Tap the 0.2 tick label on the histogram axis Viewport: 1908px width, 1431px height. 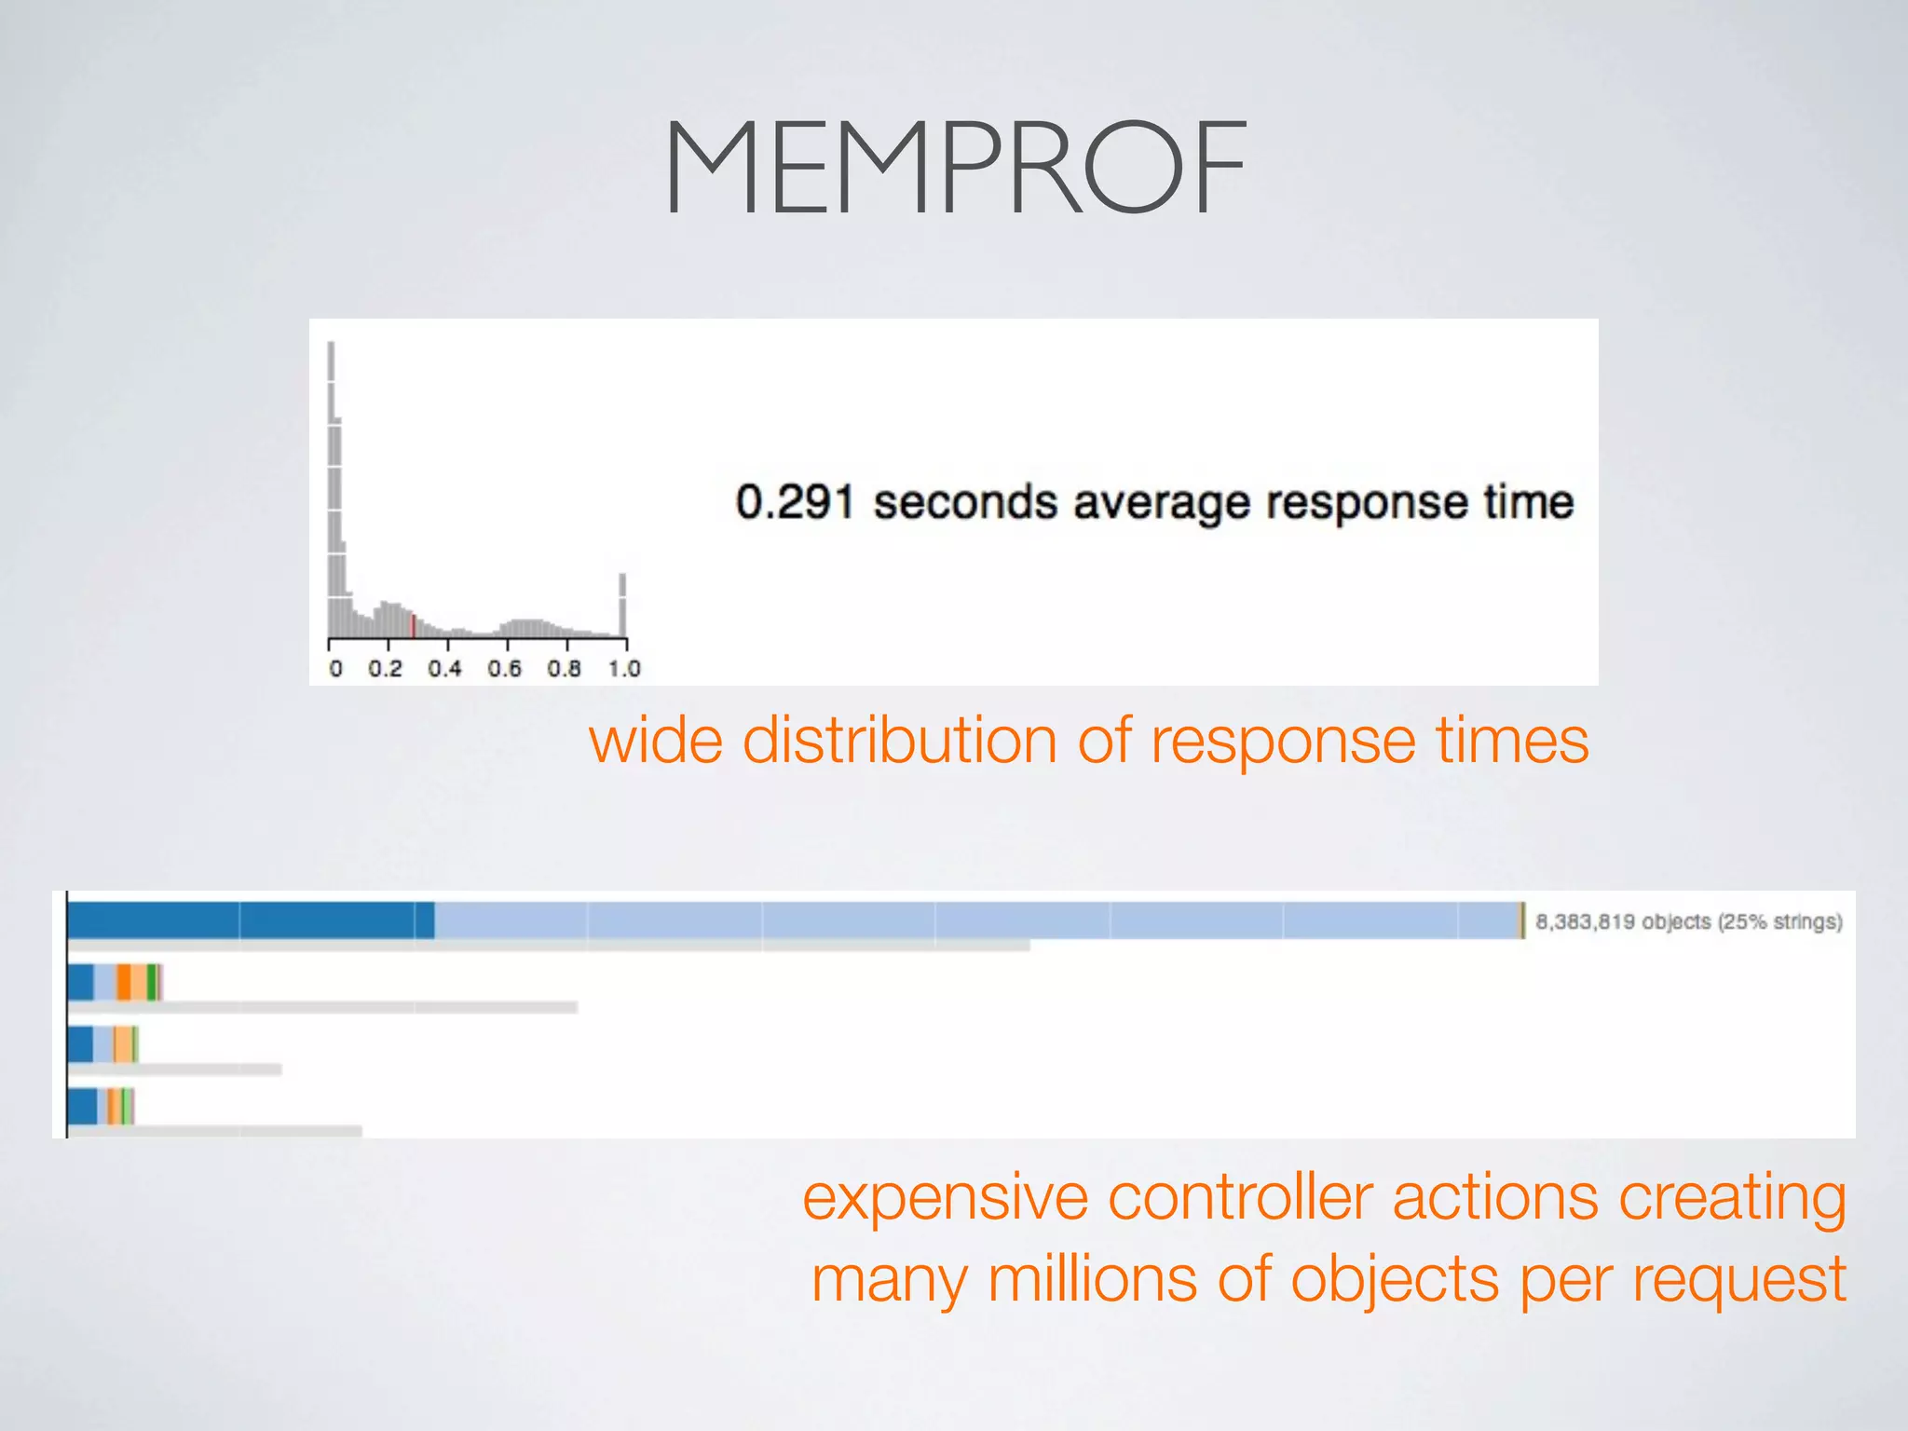(385, 669)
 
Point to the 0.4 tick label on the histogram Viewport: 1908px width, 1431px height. (444, 669)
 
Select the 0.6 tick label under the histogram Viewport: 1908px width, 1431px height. (504, 669)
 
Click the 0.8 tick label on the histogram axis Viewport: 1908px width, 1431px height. (564, 669)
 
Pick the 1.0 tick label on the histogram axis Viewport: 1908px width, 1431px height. (624, 669)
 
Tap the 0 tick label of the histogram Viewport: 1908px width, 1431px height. (335, 669)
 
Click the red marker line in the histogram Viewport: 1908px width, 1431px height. (413, 625)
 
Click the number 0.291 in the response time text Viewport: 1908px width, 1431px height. (794, 502)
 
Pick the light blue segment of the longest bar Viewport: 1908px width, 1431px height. (978, 920)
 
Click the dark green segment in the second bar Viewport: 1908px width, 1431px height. (151, 983)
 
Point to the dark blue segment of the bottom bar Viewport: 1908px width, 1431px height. (83, 1107)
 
